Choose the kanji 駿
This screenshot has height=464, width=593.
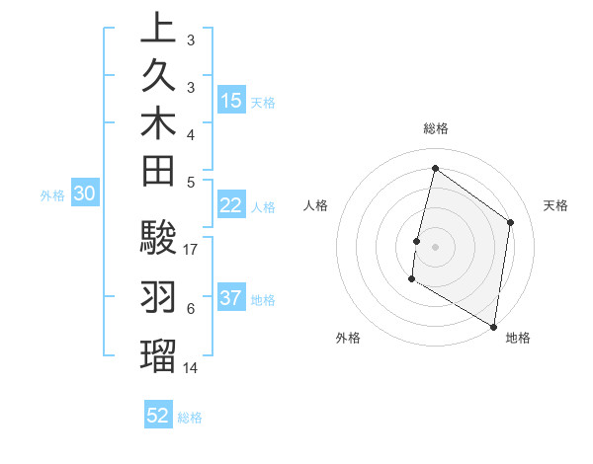pos(158,238)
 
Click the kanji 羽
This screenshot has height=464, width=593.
pos(158,295)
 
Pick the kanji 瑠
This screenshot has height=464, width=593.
pos(158,352)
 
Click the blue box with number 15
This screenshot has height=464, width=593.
pos(231,101)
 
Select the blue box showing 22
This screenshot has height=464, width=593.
pos(231,205)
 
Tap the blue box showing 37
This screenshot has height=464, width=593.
pos(231,298)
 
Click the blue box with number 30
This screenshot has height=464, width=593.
pos(85,194)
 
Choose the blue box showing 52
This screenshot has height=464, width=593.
pos(158,416)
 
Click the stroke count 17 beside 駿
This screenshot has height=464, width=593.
pos(192,250)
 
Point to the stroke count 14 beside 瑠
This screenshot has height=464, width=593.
pos(192,367)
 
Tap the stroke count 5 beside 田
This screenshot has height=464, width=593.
pos(190,181)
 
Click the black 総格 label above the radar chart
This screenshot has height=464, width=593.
pos(436,128)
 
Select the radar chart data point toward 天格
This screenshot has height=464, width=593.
pos(511,222)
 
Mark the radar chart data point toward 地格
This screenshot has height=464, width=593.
pos(493,325)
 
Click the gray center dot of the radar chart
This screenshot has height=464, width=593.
pos(435,246)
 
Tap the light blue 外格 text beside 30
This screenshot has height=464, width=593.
pos(52,195)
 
